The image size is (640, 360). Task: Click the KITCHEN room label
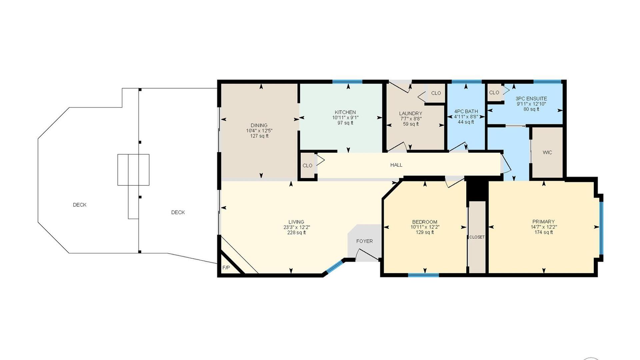click(345, 112)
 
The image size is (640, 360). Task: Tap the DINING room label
click(259, 125)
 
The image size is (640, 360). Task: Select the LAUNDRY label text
click(411, 113)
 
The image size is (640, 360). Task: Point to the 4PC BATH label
click(466, 111)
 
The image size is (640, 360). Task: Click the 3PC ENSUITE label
click(531, 99)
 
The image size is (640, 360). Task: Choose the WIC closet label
click(547, 152)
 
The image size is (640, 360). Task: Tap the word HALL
click(396, 165)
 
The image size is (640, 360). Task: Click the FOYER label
click(364, 241)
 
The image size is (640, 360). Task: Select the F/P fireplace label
click(226, 268)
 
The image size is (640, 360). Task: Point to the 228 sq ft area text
click(296, 233)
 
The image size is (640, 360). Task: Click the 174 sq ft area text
click(544, 232)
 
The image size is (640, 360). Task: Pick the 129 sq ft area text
click(425, 232)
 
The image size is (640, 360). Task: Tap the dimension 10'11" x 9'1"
click(345, 118)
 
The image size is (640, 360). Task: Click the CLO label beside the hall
click(307, 166)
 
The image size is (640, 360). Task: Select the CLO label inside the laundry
click(436, 93)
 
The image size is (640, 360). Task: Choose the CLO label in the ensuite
click(494, 92)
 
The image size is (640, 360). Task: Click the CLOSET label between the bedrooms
click(477, 237)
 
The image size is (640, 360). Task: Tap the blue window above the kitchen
click(347, 82)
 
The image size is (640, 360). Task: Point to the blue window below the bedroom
click(423, 275)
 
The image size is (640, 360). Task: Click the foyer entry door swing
click(367, 254)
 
